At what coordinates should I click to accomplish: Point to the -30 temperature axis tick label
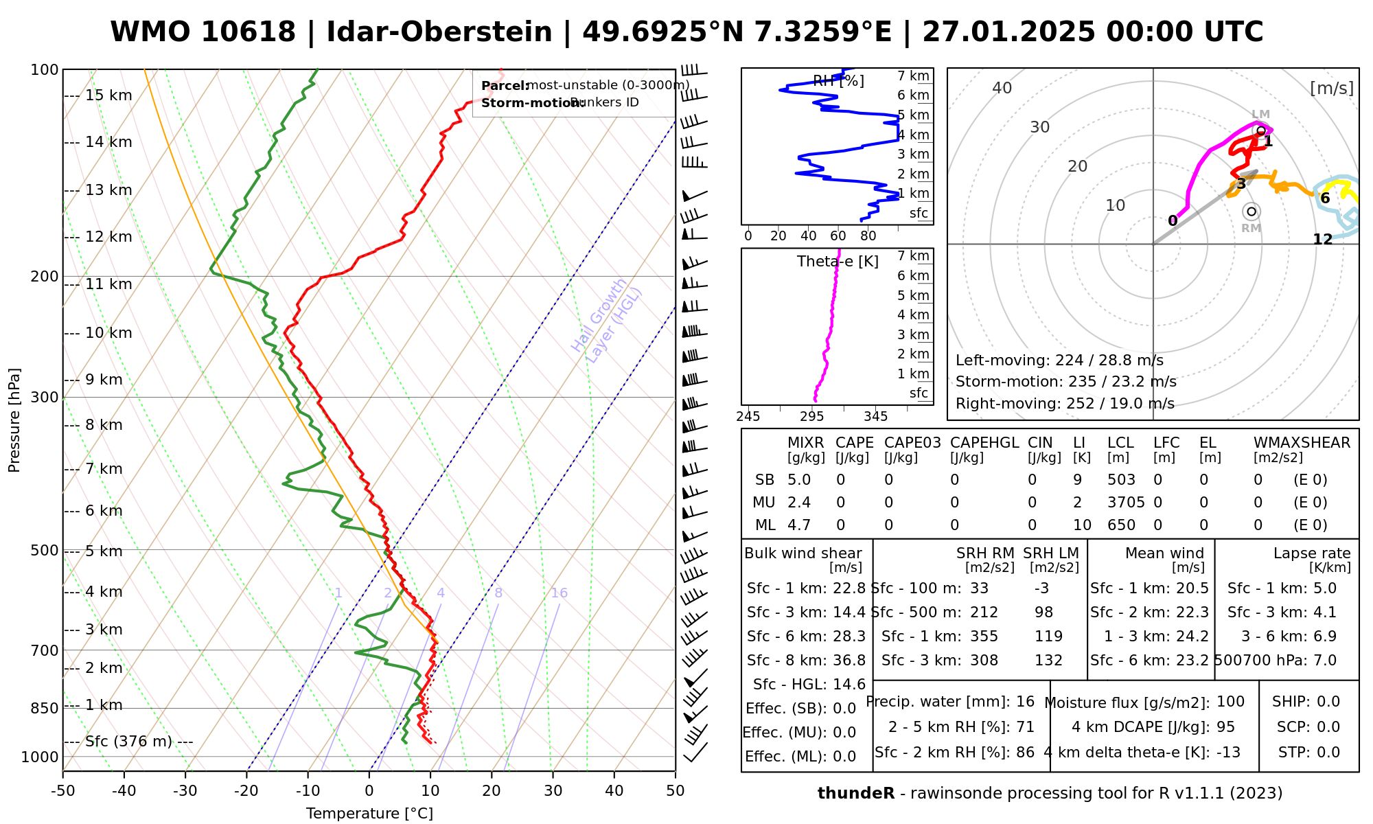[x=185, y=791]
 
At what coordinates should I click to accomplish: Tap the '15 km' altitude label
[x=108, y=95]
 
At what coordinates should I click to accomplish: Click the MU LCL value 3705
[x=1126, y=503]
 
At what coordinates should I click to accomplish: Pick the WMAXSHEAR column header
[x=1302, y=443]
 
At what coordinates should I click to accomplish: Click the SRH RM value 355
[x=984, y=637]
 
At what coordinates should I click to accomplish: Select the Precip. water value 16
[x=1025, y=702]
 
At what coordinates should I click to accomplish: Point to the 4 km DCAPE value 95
[x=1225, y=727]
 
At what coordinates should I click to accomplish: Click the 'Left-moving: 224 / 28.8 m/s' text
[x=1059, y=360]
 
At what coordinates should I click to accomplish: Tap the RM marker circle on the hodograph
[x=1251, y=211]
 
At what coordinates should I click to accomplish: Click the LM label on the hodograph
[x=1260, y=115]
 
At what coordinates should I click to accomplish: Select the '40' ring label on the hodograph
[x=1002, y=88]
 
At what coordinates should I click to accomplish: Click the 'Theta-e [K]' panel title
[x=838, y=262]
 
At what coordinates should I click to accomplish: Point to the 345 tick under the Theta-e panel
[x=875, y=417]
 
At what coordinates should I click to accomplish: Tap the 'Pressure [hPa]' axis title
[x=14, y=420]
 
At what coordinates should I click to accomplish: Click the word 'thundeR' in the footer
[x=855, y=794]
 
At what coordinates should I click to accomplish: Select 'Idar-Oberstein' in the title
[x=439, y=32]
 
